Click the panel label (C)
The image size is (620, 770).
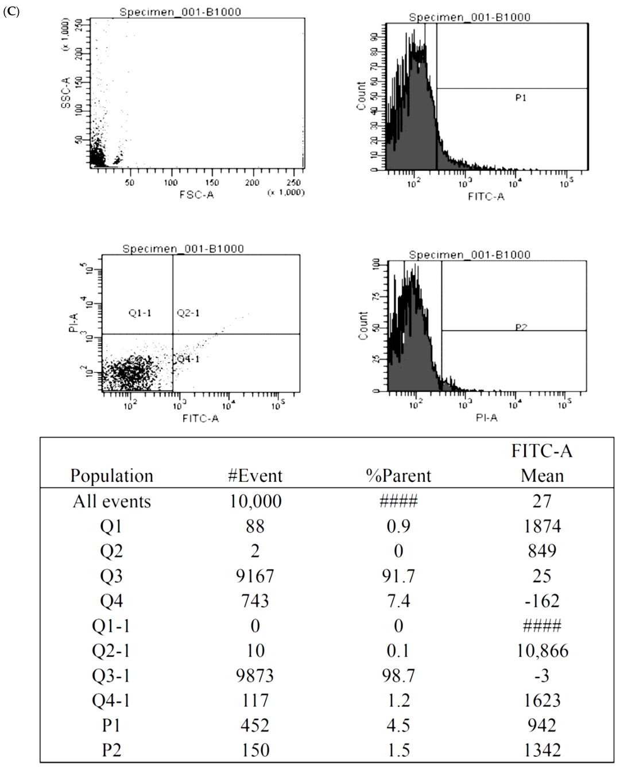tap(11, 11)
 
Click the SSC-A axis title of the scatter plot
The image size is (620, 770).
tap(66, 93)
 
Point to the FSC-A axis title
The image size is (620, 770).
tap(196, 195)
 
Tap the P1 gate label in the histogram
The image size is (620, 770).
tap(520, 98)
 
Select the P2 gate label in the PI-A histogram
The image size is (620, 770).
tap(520, 327)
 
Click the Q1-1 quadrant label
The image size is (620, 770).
tap(140, 313)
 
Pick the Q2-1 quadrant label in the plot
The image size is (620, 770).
tap(188, 313)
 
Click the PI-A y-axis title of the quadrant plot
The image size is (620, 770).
tap(73, 322)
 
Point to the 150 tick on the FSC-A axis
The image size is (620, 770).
tap(212, 182)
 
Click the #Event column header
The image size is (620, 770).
tap(255, 476)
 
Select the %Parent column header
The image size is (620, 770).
tap(398, 476)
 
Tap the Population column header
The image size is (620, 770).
tap(111, 476)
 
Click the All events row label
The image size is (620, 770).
tap(111, 501)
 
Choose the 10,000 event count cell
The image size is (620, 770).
tap(255, 501)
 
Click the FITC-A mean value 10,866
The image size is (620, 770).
tap(542, 651)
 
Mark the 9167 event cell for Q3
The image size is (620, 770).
tap(255, 576)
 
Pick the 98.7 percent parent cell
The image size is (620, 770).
tap(398, 675)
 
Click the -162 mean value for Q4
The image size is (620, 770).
tap(542, 601)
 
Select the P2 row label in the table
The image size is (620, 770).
tap(111, 750)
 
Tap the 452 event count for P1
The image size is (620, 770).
tap(255, 725)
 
